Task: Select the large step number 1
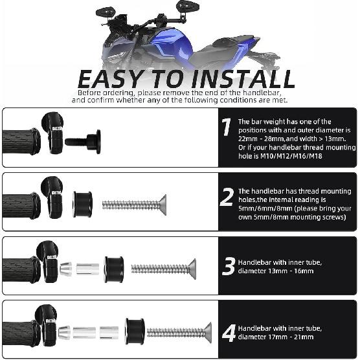click(225, 128)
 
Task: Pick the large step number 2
click(226, 196)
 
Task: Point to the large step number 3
click(228, 266)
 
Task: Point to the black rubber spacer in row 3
click(114, 268)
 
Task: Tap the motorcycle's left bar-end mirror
click(104, 12)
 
